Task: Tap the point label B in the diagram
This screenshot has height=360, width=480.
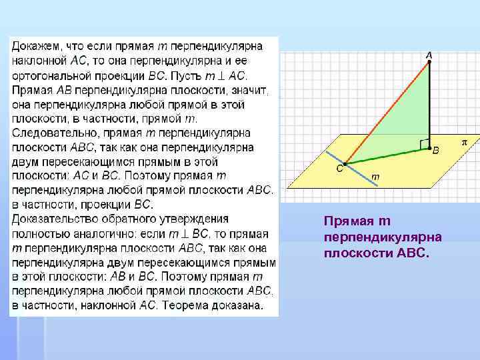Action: [436, 151]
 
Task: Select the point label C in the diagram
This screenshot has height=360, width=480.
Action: [339, 169]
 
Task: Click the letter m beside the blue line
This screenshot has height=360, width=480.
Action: [375, 177]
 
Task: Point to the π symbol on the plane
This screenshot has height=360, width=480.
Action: [465, 143]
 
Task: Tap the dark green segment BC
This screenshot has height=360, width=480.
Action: [387, 155]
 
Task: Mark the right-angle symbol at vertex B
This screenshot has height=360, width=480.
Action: [423, 143]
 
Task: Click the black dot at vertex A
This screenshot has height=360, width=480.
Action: [429, 61]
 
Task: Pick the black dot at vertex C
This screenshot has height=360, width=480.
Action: [345, 163]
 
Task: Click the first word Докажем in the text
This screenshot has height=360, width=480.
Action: [33, 46]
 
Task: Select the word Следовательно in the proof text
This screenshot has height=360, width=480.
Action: [47, 133]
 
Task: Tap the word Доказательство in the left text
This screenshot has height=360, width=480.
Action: [52, 219]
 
